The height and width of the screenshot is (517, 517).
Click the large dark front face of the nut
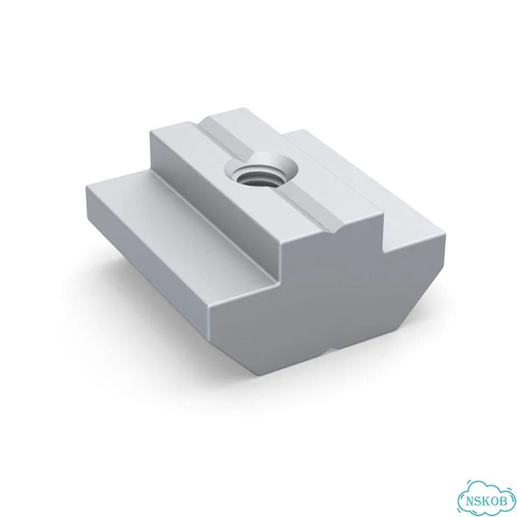[x=326, y=297]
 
